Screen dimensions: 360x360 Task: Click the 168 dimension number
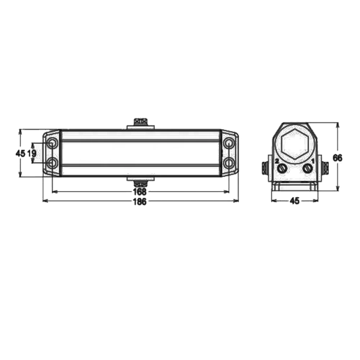140,191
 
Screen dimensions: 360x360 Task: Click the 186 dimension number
140,202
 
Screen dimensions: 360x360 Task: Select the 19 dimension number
32,153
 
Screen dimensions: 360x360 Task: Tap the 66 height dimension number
337,158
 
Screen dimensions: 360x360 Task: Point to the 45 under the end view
294,201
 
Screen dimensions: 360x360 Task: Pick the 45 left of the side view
20,153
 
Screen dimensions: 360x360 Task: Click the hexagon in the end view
295,144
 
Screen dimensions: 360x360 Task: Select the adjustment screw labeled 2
282,169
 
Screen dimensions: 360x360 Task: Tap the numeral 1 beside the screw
312,161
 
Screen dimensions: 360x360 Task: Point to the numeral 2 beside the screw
277,161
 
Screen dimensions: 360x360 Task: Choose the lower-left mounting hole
52,163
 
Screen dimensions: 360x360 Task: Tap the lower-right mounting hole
229,163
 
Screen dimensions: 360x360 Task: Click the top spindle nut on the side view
140,121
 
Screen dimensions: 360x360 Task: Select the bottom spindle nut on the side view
140,184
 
